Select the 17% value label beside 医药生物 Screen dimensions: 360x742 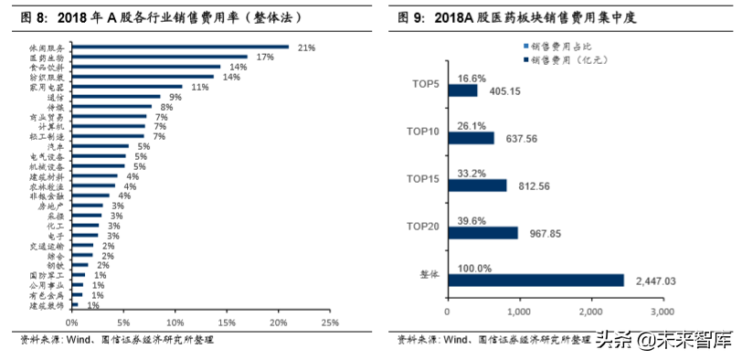[266, 57]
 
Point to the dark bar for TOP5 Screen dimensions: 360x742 [462, 91]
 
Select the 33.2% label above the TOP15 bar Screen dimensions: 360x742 [472, 173]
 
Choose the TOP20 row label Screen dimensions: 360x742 [422, 226]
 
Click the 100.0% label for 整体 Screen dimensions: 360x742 [476, 268]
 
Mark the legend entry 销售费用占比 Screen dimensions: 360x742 [557, 46]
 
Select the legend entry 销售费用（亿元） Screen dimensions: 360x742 [567, 59]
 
